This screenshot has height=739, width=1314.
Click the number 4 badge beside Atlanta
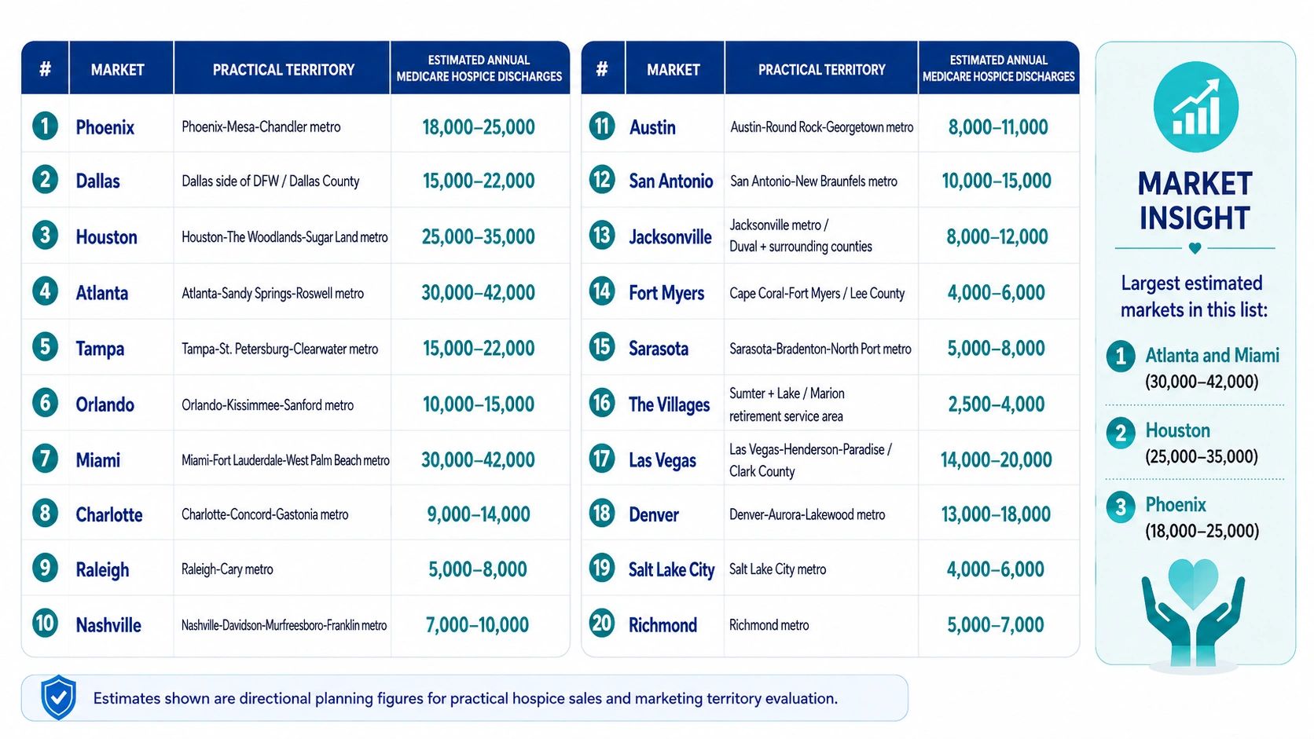click(x=45, y=291)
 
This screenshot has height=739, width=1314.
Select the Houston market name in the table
click(x=106, y=236)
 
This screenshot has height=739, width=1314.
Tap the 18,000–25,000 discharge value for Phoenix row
click(x=478, y=126)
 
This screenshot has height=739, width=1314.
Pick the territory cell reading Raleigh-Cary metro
click(x=227, y=569)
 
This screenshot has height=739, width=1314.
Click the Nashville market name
click(x=108, y=624)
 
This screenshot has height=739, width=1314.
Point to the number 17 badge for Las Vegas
click(x=602, y=459)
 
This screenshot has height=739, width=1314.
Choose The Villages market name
click(x=669, y=404)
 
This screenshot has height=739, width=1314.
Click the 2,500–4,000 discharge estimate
click(x=996, y=404)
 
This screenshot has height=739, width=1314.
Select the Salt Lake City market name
click(x=671, y=569)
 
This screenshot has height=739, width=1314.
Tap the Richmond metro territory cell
click(x=769, y=624)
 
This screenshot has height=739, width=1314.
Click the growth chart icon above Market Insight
click(x=1195, y=107)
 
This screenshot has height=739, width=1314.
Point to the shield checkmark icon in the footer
click(x=59, y=697)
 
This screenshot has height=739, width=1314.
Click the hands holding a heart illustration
click(x=1193, y=613)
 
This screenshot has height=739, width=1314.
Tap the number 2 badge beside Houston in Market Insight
click(x=1121, y=433)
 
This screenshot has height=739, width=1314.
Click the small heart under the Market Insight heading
click(x=1195, y=248)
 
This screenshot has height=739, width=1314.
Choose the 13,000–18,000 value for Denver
click(x=996, y=514)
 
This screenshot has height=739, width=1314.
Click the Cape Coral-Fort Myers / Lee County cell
click(x=817, y=293)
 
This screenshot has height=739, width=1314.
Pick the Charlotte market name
click(x=109, y=514)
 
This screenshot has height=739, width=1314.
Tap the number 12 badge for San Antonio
click(x=602, y=179)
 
